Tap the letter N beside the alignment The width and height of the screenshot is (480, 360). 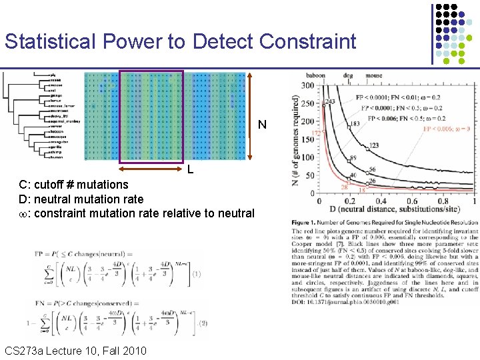(262, 125)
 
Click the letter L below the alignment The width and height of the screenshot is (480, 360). (190, 169)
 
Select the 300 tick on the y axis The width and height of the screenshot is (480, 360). (308, 86)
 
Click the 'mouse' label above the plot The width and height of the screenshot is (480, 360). (373, 75)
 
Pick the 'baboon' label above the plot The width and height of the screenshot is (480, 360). (315, 75)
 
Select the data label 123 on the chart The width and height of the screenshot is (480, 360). (374, 145)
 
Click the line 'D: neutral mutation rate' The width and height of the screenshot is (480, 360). (81, 199)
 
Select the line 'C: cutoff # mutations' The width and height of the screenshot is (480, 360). (73, 184)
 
